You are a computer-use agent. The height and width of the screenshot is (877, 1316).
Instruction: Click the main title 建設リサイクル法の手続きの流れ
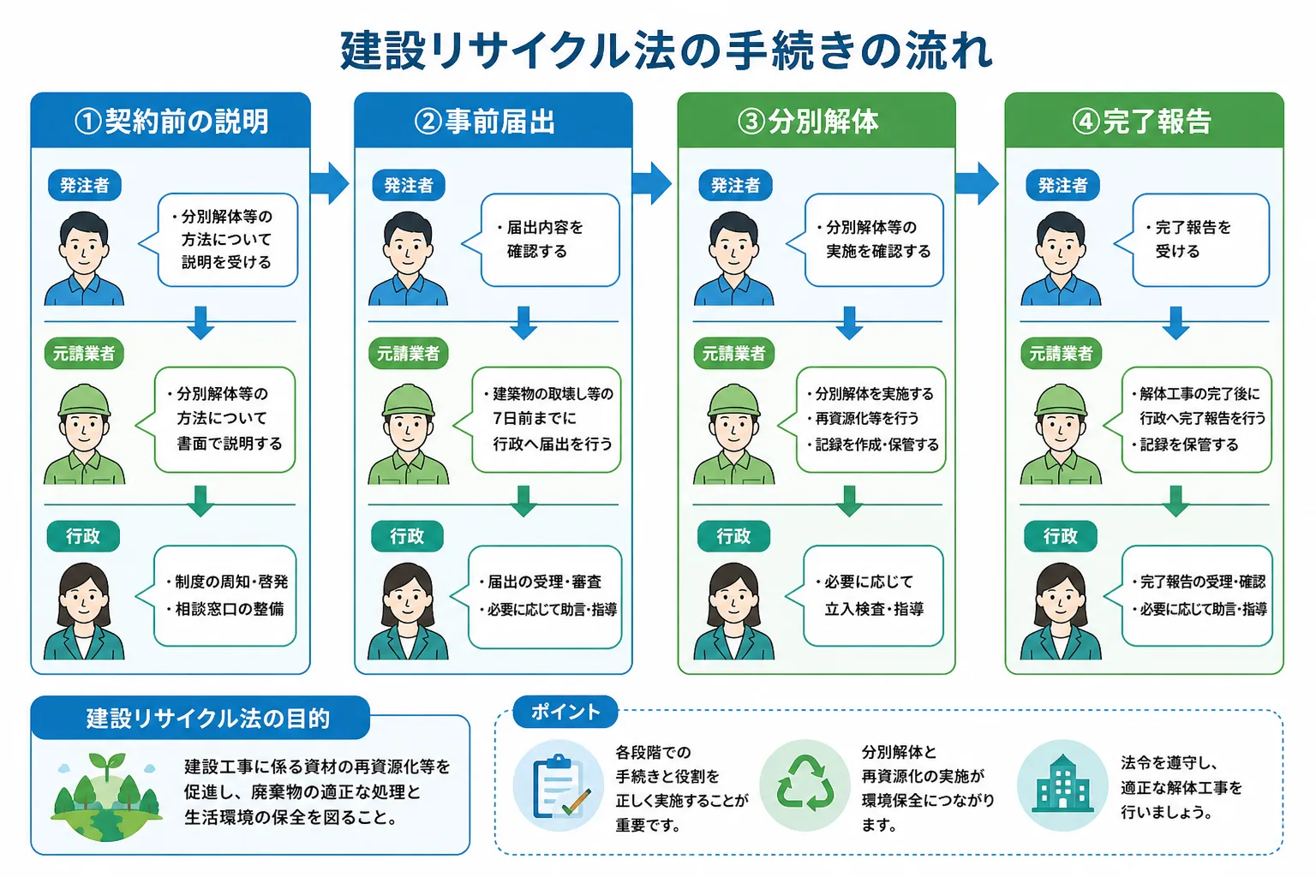point(667,51)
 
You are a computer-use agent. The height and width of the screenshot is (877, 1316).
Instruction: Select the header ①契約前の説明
point(170,121)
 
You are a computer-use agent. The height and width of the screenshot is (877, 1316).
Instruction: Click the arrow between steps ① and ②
point(330,183)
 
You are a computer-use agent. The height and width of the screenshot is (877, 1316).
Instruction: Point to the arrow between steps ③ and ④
point(977,183)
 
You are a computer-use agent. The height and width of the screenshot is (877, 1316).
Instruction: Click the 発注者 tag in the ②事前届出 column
point(409,186)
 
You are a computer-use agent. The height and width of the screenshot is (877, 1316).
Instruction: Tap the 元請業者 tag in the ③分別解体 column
point(733,353)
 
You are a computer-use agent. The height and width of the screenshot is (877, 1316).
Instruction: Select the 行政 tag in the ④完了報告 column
point(1061,536)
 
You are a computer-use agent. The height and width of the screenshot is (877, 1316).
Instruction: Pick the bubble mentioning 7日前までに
point(537,420)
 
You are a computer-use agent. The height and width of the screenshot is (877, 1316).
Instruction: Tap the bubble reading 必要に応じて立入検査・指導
point(864,595)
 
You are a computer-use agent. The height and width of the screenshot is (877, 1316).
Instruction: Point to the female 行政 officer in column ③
point(733,611)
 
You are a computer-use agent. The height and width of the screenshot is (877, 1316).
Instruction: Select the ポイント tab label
point(565,712)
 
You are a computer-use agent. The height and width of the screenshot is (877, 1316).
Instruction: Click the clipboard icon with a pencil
point(559,785)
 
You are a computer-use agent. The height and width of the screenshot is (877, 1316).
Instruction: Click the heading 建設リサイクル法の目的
point(208,719)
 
